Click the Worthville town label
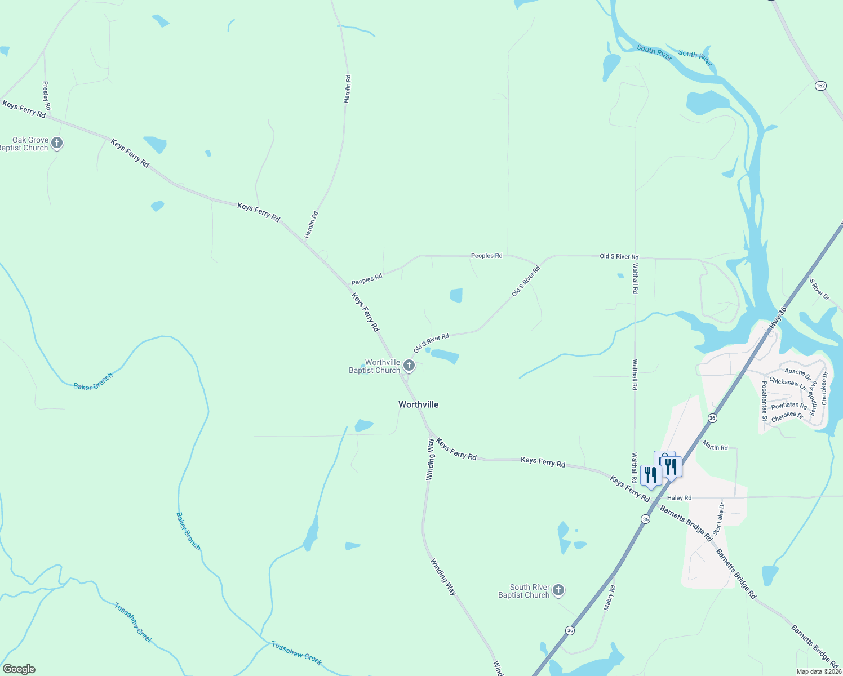tap(418, 404)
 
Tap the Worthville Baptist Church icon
tap(409, 366)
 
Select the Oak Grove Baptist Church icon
tap(56, 143)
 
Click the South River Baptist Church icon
tap(558, 590)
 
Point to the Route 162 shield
tap(820, 86)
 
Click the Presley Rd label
tap(47, 95)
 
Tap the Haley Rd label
tap(679, 498)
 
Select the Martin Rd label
tap(715, 447)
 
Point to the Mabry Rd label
tap(610, 598)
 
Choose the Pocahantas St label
tap(764, 401)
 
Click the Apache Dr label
tap(797, 373)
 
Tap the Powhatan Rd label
tap(789, 406)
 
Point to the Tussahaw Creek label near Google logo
tap(134, 622)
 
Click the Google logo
tap(19, 669)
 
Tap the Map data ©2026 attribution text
tap(818, 671)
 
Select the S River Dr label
tap(819, 288)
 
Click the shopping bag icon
tap(664, 457)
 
